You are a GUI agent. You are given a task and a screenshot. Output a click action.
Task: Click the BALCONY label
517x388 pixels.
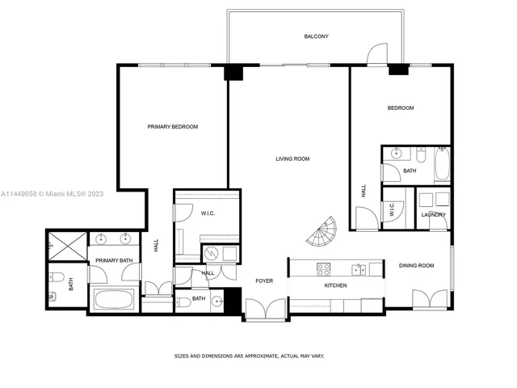click(316, 36)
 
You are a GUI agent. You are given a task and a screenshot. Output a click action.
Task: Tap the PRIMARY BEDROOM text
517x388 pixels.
click(172, 127)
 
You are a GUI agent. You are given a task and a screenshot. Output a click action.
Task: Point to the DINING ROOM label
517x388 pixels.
click(416, 265)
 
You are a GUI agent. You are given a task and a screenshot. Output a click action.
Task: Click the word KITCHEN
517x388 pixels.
click(335, 286)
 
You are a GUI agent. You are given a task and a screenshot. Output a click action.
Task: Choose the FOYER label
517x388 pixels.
click(264, 280)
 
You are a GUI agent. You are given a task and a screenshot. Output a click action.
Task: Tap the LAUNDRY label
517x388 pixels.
click(433, 214)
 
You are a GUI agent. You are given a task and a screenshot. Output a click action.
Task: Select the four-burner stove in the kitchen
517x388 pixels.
click(322, 268)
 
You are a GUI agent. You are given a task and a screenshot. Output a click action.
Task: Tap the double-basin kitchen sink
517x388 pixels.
click(357, 268)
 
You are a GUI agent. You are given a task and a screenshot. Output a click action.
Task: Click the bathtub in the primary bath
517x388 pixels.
click(112, 300)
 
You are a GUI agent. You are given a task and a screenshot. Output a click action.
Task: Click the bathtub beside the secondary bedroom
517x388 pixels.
click(442, 165)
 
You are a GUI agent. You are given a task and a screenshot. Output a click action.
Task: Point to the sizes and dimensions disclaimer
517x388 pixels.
click(250, 356)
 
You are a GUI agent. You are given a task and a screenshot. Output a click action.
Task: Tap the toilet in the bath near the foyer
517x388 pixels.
click(183, 302)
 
